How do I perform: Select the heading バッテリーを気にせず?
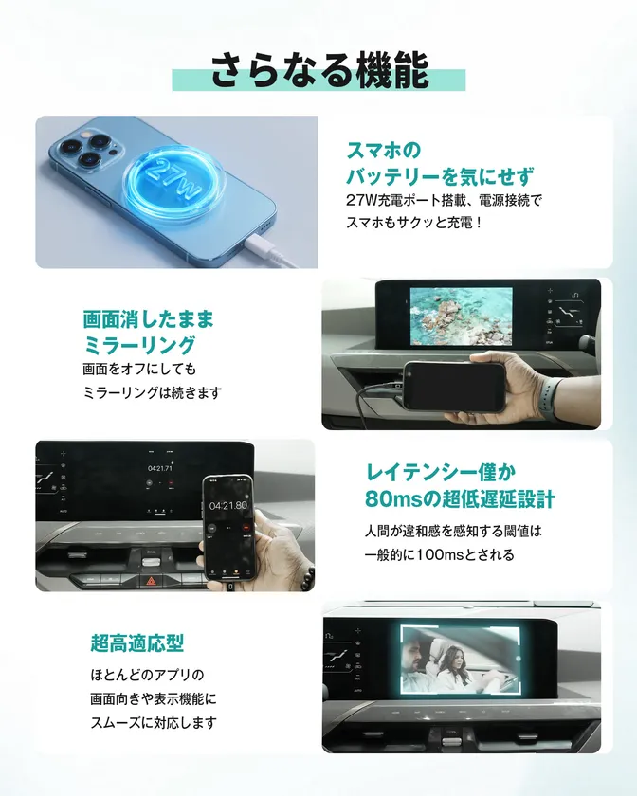[x=439, y=175]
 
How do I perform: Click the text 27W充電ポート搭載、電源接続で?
[x=443, y=202]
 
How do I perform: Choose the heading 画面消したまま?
[x=149, y=318]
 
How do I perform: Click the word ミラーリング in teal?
[x=139, y=344]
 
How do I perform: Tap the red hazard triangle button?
[x=150, y=582]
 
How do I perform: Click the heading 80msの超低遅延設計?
[x=459, y=498]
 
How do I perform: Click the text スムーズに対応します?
[x=150, y=722]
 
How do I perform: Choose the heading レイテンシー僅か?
[x=445, y=471]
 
